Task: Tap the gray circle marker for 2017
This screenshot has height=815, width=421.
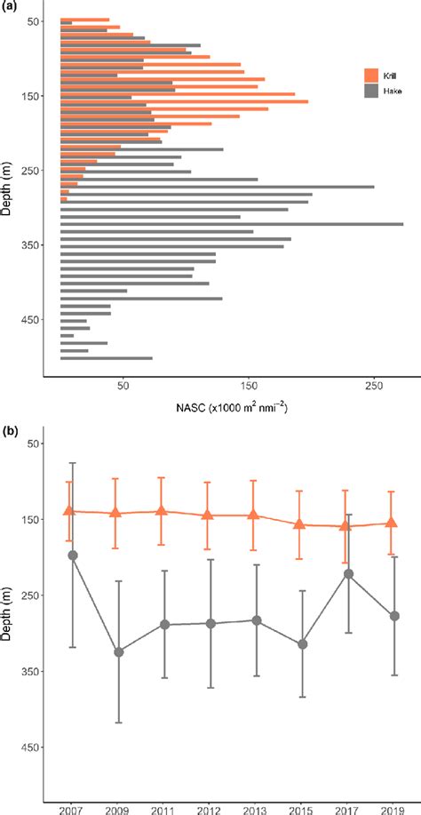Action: click(x=348, y=574)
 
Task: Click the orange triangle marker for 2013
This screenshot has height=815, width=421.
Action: click(x=254, y=515)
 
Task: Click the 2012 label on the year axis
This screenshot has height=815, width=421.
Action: click(x=210, y=809)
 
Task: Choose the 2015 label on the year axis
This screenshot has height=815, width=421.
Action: click(x=301, y=809)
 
